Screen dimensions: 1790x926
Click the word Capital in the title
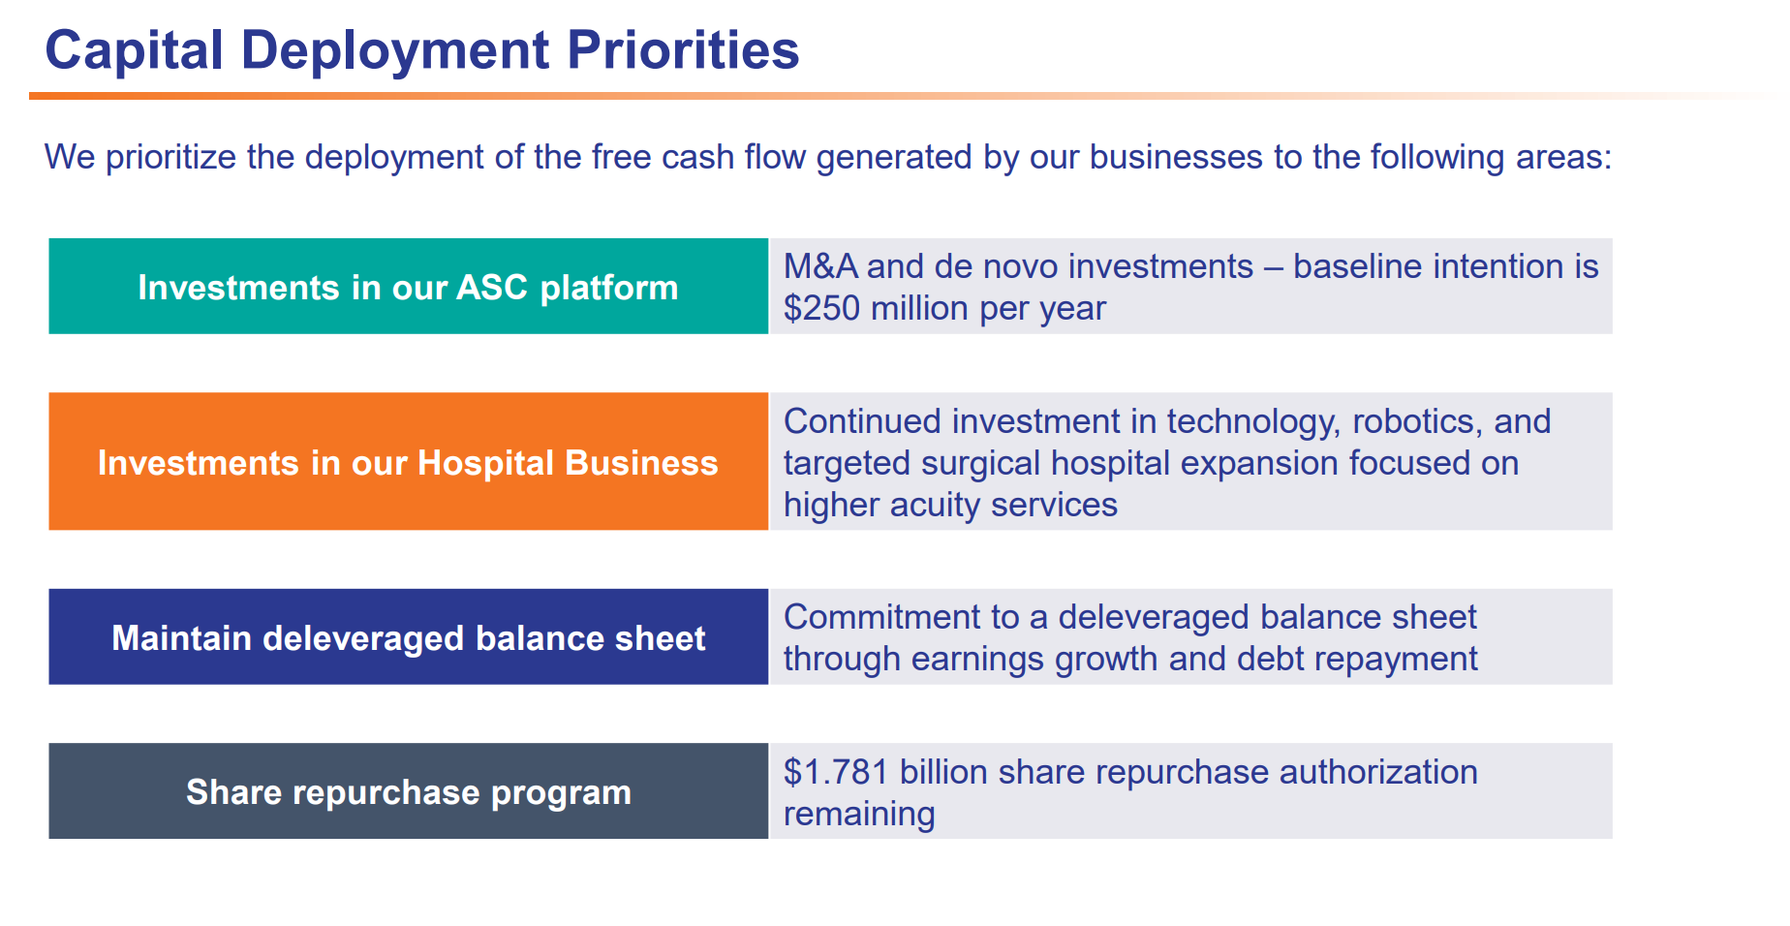click(x=135, y=51)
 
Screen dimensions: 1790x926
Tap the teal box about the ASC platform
click(x=408, y=287)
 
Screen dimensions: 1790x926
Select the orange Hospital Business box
click(x=408, y=462)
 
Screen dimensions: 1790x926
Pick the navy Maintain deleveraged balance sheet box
click(x=408, y=637)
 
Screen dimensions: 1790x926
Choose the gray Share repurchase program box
click(x=408, y=791)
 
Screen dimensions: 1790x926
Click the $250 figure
click(x=821, y=308)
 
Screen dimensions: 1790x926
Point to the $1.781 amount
click(x=836, y=772)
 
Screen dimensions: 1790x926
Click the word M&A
click(x=820, y=266)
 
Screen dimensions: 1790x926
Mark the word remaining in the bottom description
click(x=859, y=815)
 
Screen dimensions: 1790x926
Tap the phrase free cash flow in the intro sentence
click(x=698, y=157)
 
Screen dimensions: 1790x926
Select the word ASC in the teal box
click(x=492, y=288)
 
